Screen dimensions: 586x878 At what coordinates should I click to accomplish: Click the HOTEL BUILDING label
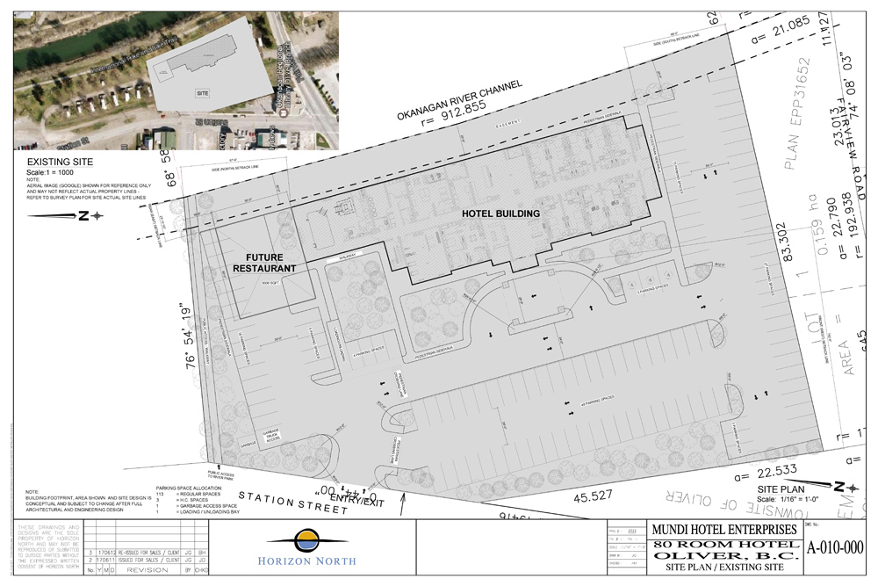point(500,213)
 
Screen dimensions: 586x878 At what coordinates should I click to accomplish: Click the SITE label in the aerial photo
point(203,91)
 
